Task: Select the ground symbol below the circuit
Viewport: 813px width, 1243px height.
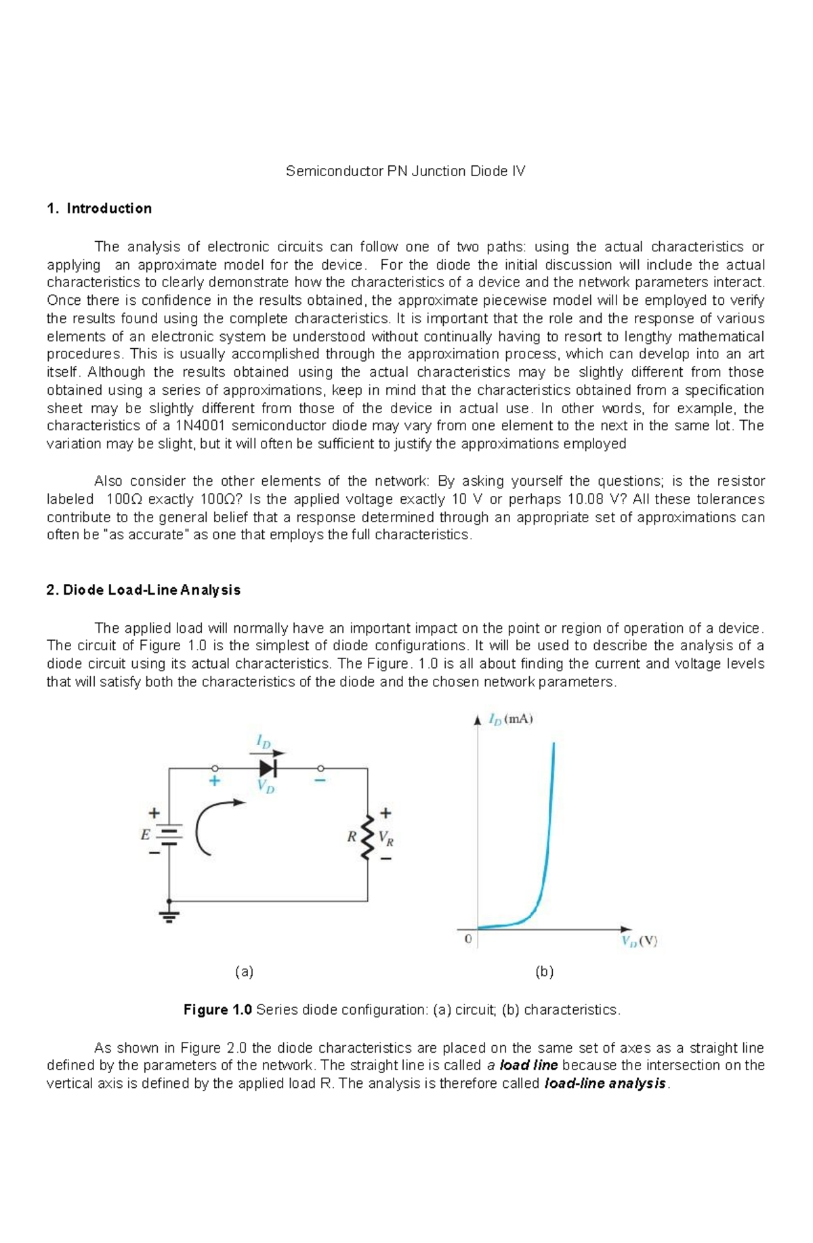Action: (x=169, y=916)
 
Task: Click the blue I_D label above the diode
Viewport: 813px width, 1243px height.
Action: (x=263, y=742)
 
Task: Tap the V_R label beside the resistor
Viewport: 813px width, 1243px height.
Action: (x=386, y=838)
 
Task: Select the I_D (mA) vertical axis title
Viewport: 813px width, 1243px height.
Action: (x=511, y=719)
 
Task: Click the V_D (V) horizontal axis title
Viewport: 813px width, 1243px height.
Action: (x=640, y=941)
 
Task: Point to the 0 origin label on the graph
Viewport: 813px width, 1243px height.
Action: (x=467, y=940)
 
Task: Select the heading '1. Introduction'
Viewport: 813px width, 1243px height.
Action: (x=99, y=209)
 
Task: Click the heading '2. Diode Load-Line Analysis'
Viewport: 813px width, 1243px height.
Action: (x=143, y=590)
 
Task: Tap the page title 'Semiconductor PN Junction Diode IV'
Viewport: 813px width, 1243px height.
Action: (x=405, y=171)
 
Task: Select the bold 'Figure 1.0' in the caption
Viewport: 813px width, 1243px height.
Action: (x=217, y=1010)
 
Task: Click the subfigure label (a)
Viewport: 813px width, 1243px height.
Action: (x=244, y=972)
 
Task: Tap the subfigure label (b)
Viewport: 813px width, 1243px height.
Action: (x=544, y=972)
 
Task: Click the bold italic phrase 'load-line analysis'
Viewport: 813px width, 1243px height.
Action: (x=606, y=1083)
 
